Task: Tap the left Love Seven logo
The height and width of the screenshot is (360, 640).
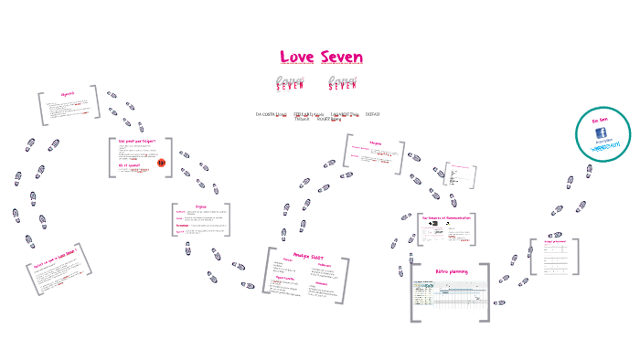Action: pos(290,83)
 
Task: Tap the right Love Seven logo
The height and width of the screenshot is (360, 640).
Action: pos(341,83)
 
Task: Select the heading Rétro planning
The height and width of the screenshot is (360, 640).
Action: pos(451,272)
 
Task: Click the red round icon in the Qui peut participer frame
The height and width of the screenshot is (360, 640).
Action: pos(161,163)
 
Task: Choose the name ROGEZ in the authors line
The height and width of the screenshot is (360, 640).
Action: pos(324,119)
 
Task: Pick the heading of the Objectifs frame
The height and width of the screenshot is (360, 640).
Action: pos(68,94)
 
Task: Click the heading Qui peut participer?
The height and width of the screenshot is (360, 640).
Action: pos(136,141)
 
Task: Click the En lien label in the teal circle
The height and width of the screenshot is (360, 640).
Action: pos(600,121)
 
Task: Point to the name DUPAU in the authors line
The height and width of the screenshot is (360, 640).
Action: pos(372,114)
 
